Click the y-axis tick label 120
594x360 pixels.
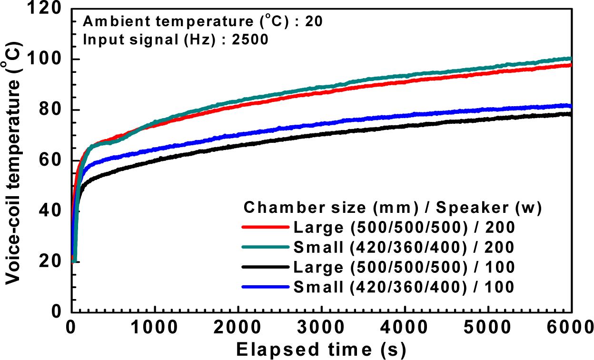[x=48, y=9]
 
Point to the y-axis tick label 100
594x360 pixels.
[x=48, y=60]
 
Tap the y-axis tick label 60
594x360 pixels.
[x=53, y=160]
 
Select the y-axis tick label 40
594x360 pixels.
[x=53, y=211]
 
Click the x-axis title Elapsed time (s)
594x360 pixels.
[x=321, y=350]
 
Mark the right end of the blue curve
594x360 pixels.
[x=570, y=106]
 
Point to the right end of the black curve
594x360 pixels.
[x=570, y=114]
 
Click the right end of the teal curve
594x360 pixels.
[x=570, y=59]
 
